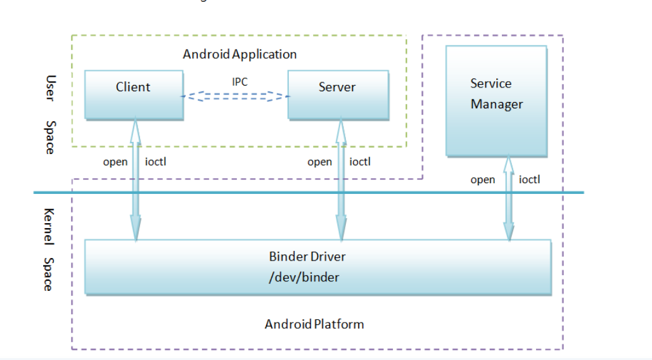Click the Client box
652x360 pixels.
[134, 94]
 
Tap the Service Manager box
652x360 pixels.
[496, 101]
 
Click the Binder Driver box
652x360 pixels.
[317, 267]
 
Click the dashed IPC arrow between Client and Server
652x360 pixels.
[235, 96]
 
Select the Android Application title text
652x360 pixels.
[240, 54]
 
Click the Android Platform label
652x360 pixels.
[314, 324]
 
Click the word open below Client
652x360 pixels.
[115, 162]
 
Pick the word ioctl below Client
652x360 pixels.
[156, 162]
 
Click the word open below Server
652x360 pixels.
[319, 162]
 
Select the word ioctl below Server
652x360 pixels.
[360, 162]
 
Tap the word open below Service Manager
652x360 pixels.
[483, 180]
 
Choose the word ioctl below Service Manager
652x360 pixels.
[529, 180]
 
